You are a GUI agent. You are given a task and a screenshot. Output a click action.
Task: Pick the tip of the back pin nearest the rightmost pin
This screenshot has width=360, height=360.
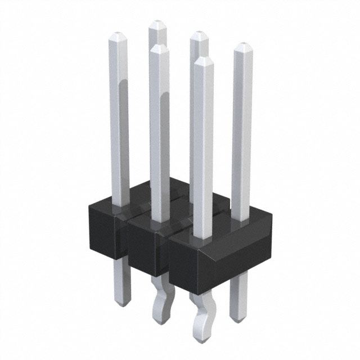(199, 35)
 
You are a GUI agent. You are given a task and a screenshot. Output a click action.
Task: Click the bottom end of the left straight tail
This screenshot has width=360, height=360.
(122, 303)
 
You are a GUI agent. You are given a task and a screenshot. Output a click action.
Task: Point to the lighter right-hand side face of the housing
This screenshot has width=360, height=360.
(242, 247)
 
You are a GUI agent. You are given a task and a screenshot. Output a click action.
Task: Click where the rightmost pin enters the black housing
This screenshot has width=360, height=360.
(241, 218)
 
